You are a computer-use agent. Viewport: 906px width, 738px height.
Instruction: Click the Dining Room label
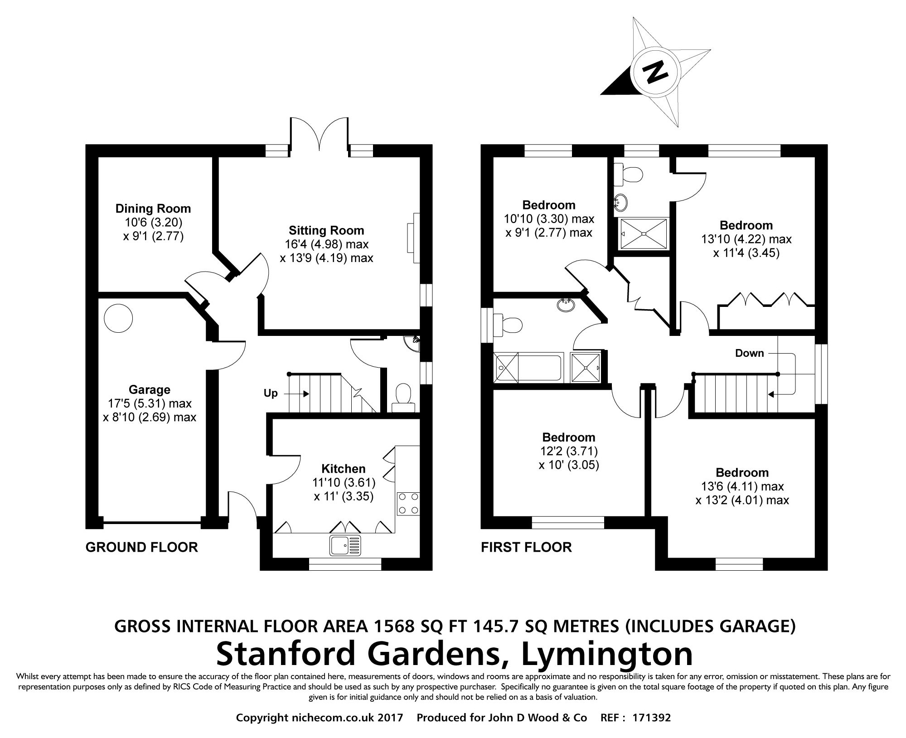tap(153, 209)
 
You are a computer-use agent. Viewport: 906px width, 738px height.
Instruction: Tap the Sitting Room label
tap(326, 230)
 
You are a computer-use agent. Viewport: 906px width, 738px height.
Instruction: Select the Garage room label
tap(149, 389)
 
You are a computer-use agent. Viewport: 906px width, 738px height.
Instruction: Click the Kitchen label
tap(343, 468)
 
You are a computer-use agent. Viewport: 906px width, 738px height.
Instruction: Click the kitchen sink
tap(345, 544)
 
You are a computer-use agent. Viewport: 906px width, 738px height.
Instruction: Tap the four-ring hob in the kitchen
tap(408, 504)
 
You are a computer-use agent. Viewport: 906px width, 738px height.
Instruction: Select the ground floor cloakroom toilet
tap(403, 397)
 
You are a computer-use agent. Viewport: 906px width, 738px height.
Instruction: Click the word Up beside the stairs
tap(271, 393)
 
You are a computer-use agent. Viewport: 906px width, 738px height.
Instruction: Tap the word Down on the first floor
tap(749, 353)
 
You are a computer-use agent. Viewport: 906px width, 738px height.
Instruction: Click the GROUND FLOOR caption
tap(141, 547)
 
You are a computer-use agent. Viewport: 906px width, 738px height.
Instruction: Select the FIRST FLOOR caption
tap(526, 547)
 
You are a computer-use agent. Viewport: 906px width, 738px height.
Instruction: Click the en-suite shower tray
tap(644, 233)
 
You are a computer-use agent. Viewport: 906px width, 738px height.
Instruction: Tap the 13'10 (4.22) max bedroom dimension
tap(746, 239)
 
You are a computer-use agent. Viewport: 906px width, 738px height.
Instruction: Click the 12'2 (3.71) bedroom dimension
tap(568, 451)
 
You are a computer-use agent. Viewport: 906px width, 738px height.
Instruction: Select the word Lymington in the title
tap(607, 654)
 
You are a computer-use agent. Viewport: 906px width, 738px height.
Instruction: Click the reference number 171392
tap(651, 718)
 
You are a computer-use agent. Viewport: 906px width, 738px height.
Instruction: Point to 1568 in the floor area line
tap(394, 626)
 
